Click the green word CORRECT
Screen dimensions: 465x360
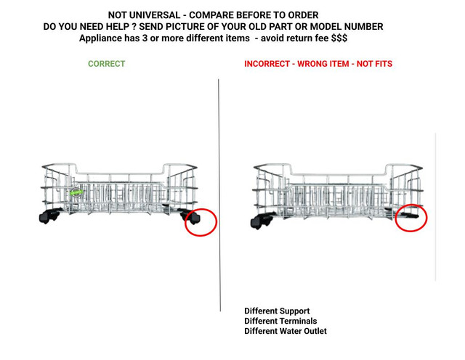[107, 64]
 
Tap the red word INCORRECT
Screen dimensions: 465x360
[267, 64]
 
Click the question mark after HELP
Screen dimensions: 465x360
[134, 27]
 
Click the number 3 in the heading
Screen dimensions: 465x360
[144, 38]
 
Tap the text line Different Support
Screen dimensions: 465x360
[277, 311]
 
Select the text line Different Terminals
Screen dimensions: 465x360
[280, 321]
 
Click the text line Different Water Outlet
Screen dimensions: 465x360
[286, 331]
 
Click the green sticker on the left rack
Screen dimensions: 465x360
[76, 192]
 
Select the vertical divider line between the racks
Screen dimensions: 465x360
[219, 195]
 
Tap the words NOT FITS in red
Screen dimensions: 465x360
[374, 64]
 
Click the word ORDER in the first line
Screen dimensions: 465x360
[304, 15]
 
